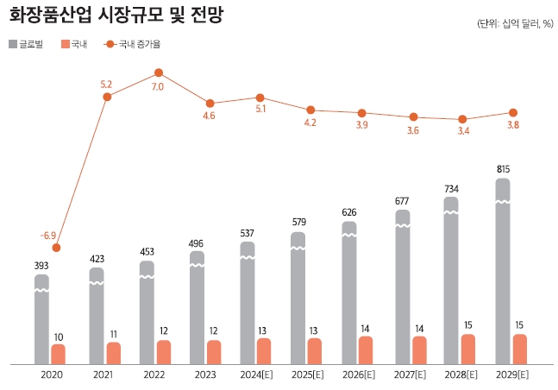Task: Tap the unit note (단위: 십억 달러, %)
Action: pos(514,23)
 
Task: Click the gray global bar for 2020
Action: pos(41,319)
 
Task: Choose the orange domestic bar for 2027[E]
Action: pos(419,349)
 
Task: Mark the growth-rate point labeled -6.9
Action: pos(56,248)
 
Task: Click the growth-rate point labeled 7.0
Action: pos(159,72)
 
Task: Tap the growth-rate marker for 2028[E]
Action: pos(462,119)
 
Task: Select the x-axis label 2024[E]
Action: pos(257,374)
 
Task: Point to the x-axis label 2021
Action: pos(103,374)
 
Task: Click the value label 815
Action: pos(503,169)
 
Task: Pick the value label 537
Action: pos(248,233)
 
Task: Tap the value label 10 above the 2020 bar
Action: pos(58,337)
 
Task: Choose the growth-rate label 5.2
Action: pos(107,84)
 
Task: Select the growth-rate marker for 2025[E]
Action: pos(310,110)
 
